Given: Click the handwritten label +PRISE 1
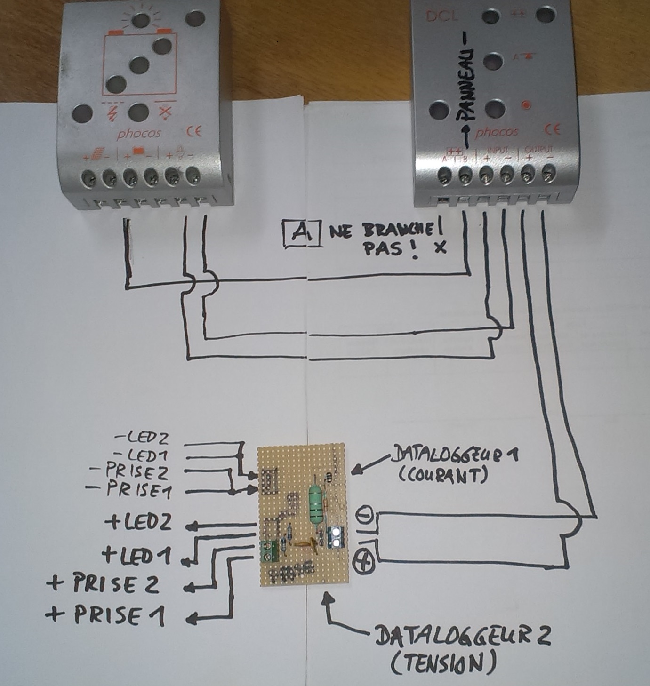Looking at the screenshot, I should (105, 615).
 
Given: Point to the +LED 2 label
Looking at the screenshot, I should (138, 522).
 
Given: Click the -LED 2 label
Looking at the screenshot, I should (142, 439).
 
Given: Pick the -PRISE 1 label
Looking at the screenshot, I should (129, 490).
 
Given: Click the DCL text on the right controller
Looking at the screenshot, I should (441, 16).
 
